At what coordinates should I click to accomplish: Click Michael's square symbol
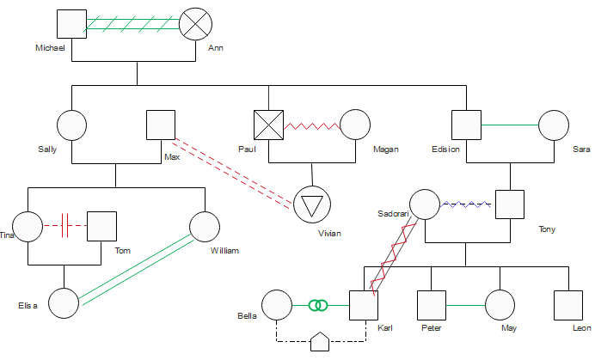point(71,24)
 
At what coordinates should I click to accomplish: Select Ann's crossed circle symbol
point(195,24)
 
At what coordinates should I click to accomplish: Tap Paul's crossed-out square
point(268,125)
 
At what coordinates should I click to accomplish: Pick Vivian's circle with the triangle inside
point(312,204)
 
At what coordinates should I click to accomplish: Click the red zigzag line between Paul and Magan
point(312,126)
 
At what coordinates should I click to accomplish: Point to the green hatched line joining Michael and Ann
point(132,24)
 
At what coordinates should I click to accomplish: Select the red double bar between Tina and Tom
point(64,226)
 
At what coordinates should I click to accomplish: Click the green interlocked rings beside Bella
point(318,305)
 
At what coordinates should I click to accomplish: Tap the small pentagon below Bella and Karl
point(320,342)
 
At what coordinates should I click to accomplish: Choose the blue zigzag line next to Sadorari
point(465,204)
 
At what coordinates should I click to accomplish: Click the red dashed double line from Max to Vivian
point(232,174)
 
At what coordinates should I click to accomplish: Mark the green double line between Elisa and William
point(137,270)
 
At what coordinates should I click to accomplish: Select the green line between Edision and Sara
point(510,125)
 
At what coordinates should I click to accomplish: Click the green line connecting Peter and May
point(466,305)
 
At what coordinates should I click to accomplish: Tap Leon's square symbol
point(568,305)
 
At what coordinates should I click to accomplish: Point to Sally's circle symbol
point(71,125)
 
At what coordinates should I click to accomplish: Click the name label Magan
point(386,149)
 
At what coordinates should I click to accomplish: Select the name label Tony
point(547,229)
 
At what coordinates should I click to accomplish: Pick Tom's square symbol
point(101,227)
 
